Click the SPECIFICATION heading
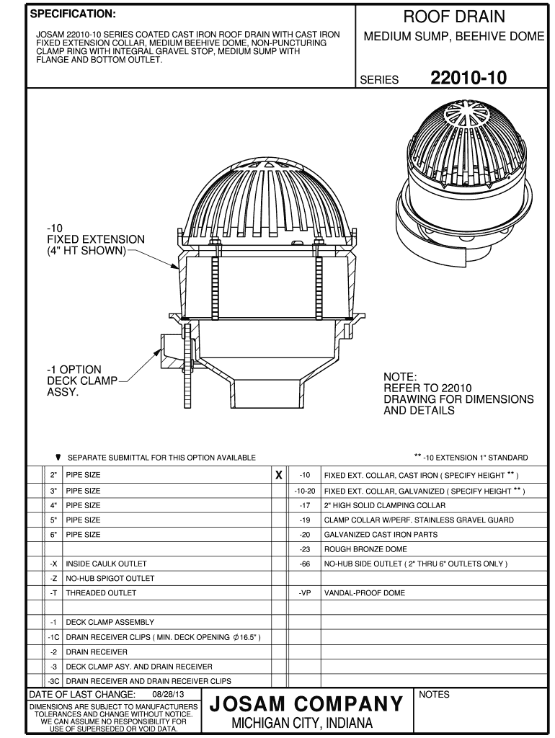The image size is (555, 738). [71, 14]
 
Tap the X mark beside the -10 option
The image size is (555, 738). [278, 476]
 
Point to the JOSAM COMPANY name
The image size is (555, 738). [306, 703]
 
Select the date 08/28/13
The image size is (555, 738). [165, 695]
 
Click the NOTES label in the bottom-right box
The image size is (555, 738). [434, 695]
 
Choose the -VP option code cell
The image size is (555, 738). [305, 593]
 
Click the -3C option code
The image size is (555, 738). [53, 680]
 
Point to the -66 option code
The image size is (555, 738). [305, 564]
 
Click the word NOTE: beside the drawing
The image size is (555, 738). [400, 377]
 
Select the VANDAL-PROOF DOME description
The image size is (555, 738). [364, 593]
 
